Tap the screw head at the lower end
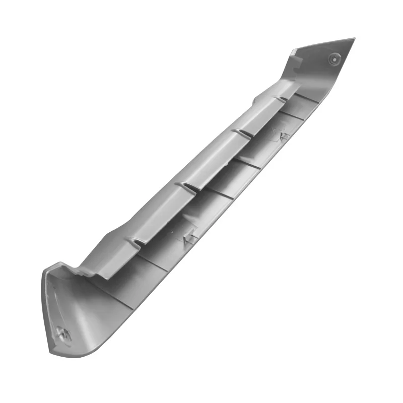click(63, 332)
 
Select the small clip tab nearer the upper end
click(283, 136)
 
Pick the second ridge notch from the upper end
click(239, 133)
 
